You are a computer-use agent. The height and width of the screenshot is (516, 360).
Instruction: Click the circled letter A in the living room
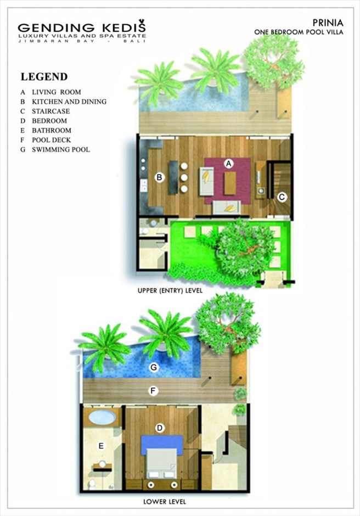pyautogui.click(x=228, y=164)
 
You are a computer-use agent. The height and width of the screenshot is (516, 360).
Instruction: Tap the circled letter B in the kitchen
pyautogui.click(x=160, y=177)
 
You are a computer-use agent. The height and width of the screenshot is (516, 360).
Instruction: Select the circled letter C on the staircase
pyautogui.click(x=282, y=197)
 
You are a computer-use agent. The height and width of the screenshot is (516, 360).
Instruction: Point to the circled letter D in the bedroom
pyautogui.click(x=160, y=428)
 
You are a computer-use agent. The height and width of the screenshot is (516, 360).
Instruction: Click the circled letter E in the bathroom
pyautogui.click(x=102, y=446)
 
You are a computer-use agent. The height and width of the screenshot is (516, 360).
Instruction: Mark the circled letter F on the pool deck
pyautogui.click(x=153, y=391)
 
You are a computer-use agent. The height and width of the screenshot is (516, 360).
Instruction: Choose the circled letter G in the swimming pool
pyautogui.click(x=153, y=367)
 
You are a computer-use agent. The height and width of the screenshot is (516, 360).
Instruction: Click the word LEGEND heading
pyautogui.click(x=44, y=77)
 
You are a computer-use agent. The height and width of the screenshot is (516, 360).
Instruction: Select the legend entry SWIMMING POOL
pyautogui.click(x=61, y=149)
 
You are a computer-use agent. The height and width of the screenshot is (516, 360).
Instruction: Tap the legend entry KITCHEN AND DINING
pyautogui.click(x=69, y=102)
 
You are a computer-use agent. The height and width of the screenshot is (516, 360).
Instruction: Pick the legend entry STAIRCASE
pyautogui.click(x=50, y=111)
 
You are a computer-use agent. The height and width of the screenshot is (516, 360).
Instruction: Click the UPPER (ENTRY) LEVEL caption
pyautogui.click(x=170, y=290)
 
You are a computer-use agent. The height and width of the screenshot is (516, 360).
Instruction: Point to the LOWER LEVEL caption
pyautogui.click(x=165, y=502)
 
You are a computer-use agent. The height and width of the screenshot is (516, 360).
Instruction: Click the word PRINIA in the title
pyautogui.click(x=328, y=23)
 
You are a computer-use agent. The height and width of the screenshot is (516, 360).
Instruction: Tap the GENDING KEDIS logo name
pyautogui.click(x=82, y=27)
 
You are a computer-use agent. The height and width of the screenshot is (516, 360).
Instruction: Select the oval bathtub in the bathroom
pyautogui.click(x=102, y=417)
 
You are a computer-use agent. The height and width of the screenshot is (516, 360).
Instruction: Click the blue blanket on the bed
pyautogui.click(x=162, y=445)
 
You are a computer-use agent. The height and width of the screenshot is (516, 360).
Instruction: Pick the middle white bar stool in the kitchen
pyautogui.click(x=184, y=178)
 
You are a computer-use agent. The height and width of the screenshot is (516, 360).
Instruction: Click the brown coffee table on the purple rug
pyautogui.click(x=230, y=183)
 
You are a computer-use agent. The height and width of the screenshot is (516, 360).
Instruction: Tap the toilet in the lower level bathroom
pyautogui.click(x=92, y=484)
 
